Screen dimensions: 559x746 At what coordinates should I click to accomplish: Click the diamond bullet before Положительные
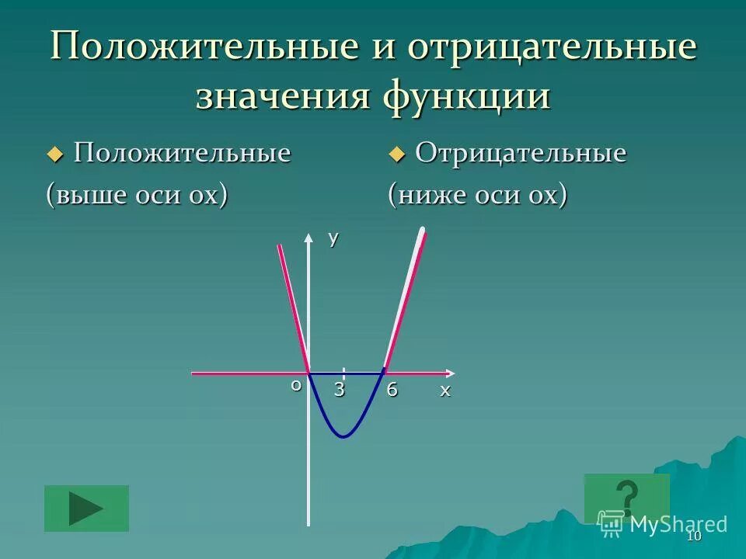click(x=54, y=155)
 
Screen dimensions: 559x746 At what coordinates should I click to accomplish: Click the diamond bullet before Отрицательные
click(x=397, y=155)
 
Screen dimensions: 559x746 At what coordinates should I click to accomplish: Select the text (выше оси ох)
click(x=138, y=194)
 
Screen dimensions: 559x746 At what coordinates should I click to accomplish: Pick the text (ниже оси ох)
click(x=478, y=194)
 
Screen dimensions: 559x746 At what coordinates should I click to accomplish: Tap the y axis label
click(x=333, y=238)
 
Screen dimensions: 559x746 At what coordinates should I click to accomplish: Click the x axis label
click(x=445, y=391)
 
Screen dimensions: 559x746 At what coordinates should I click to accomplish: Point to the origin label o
click(x=296, y=384)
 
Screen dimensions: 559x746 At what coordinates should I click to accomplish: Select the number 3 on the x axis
click(x=340, y=391)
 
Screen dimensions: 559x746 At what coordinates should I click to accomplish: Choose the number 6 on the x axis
click(x=392, y=391)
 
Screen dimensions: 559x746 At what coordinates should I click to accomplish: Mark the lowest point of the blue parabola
click(x=343, y=437)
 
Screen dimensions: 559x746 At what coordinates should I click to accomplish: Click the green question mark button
click(x=626, y=498)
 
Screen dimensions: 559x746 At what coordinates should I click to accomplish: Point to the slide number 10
click(x=694, y=537)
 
